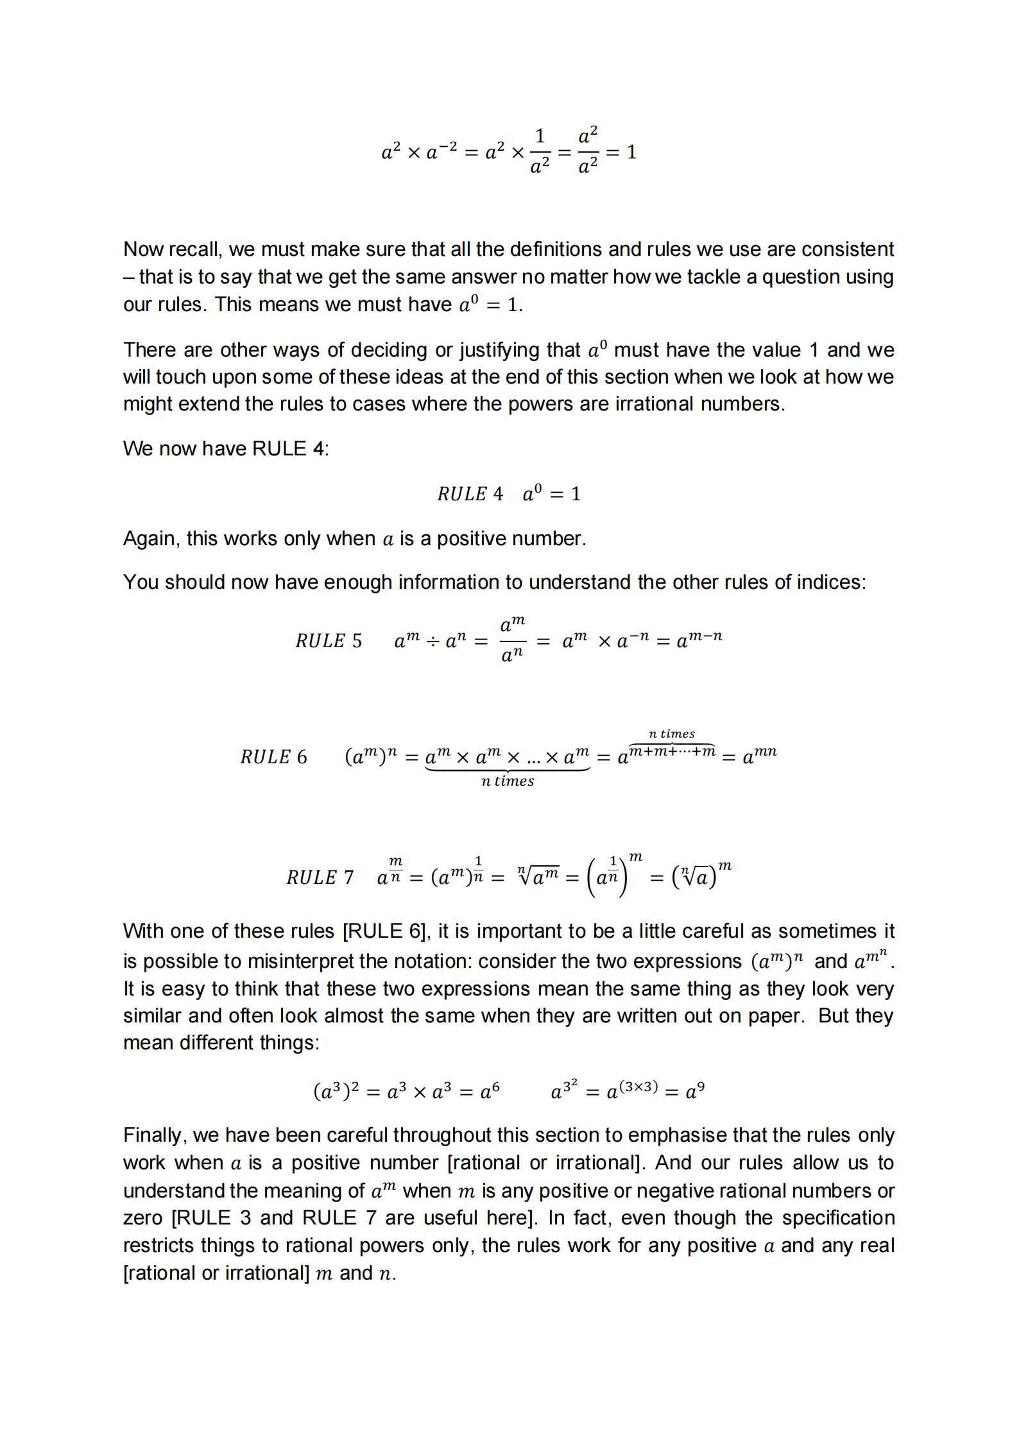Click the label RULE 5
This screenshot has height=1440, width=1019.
(328, 641)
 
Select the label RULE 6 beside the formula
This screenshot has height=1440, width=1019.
(273, 757)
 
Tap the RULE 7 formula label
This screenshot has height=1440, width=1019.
(320, 877)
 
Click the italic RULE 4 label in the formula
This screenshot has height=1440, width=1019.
(470, 494)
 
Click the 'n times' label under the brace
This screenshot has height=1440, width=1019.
(508, 781)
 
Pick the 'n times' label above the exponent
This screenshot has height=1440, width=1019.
(671, 734)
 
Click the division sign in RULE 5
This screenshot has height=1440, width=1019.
(433, 641)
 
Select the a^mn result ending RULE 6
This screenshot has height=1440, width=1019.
(759, 756)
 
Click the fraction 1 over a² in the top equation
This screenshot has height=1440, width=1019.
(540, 152)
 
